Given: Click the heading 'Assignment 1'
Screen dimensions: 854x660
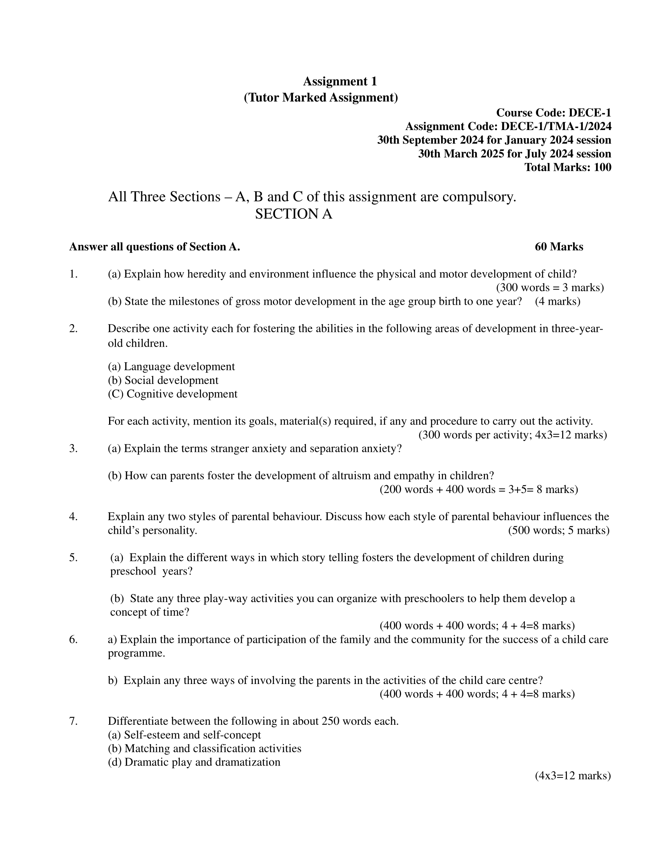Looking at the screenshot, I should coord(340,82).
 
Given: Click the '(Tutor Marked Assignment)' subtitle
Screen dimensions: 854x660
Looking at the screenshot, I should coord(321,97).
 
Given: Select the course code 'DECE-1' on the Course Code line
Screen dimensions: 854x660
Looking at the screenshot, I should coord(589,113).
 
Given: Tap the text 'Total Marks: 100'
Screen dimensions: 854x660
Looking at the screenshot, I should coord(567,167).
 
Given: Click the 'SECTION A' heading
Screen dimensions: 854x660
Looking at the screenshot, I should coord(293,214).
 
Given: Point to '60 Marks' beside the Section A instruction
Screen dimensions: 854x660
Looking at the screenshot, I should coord(559,247).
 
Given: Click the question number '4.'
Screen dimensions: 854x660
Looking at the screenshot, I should coord(73,517).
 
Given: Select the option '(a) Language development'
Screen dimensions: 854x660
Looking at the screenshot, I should coord(171,366).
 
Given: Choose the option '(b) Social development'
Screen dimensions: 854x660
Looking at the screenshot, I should coord(163,380).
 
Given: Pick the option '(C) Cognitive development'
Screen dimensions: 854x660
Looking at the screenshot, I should coord(172,394).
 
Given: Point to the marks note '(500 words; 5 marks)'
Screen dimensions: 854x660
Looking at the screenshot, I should coord(558,530).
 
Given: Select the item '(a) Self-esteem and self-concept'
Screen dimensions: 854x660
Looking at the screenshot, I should coord(184,735).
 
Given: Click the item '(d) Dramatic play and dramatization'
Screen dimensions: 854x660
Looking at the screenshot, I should coord(194,762).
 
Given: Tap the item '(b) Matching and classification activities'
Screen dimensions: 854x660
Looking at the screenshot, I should coord(205,748).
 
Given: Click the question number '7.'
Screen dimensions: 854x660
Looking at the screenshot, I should coord(73,721).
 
